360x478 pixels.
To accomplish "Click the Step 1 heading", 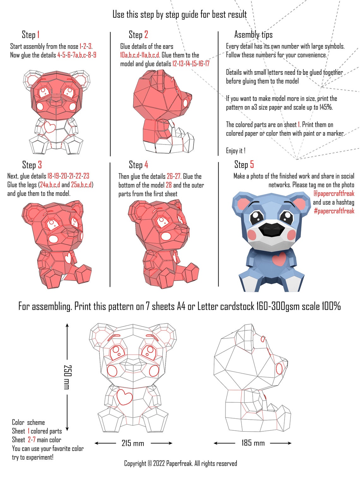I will [31, 34].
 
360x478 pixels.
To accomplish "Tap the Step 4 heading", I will [138, 165].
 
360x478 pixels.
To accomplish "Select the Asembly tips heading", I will [253, 34].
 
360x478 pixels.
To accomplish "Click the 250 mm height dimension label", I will [68, 377].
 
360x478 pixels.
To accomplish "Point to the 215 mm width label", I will [133, 443].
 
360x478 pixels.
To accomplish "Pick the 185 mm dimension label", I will [253, 443].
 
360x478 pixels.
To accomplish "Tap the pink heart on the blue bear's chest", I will [279, 259].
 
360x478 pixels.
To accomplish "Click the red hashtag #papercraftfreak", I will [334, 211].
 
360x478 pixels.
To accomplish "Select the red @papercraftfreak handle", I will [334, 193].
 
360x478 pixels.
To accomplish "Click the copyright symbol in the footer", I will [149, 463].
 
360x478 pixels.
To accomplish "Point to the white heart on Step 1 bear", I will [49, 127].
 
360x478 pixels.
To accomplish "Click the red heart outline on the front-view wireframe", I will [124, 397].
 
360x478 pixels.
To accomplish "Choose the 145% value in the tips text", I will [326, 107].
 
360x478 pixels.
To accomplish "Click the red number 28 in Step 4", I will [169, 185].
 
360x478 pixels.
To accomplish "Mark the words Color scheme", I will [28, 422].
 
